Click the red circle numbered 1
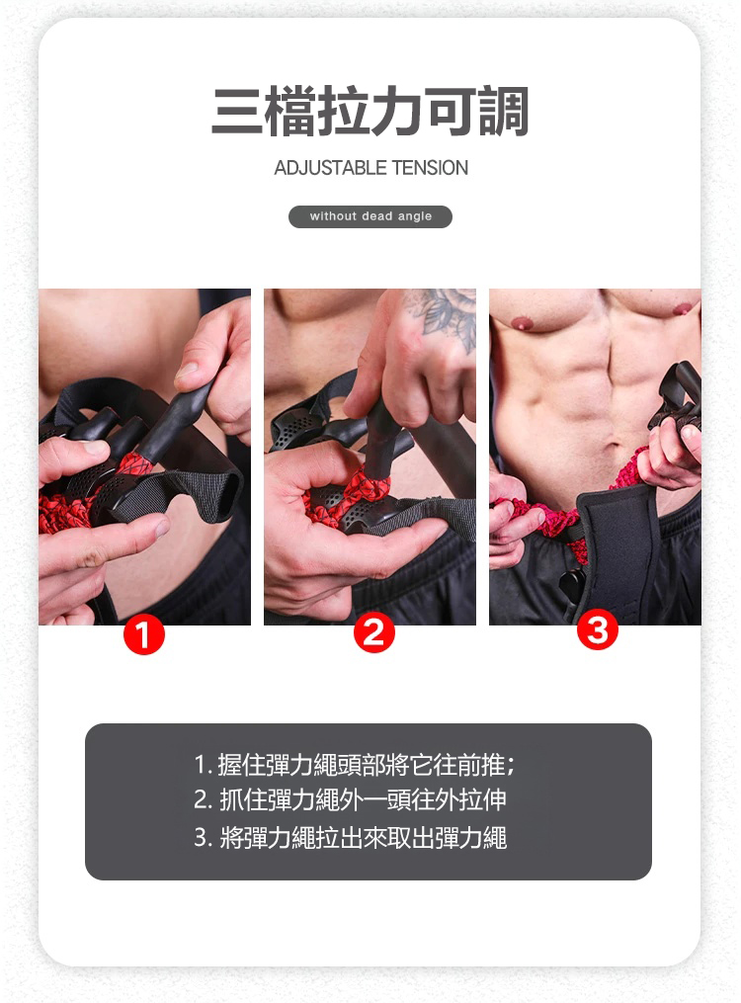(x=144, y=633)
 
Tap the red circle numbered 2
(x=374, y=632)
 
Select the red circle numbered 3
(x=597, y=629)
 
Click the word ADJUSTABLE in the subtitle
(x=330, y=168)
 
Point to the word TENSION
(x=430, y=168)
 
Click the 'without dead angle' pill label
(x=370, y=216)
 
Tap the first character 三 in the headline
(x=237, y=112)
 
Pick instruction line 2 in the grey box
(x=351, y=800)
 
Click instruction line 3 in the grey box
(x=351, y=837)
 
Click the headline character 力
(x=397, y=112)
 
